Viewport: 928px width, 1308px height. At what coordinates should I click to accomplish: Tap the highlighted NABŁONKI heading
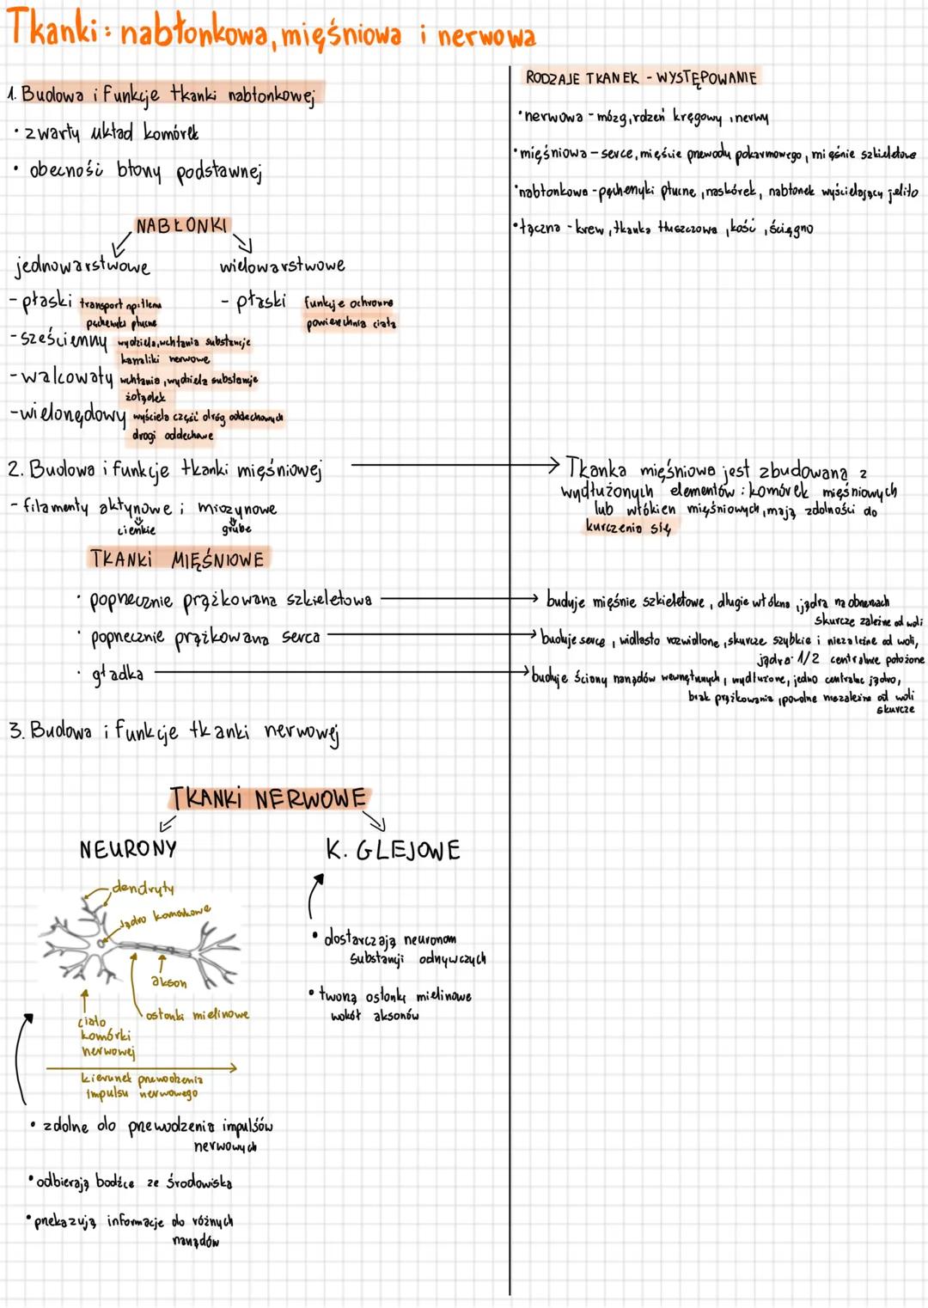pos(182,226)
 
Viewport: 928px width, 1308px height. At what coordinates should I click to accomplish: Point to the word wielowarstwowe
pos(282,265)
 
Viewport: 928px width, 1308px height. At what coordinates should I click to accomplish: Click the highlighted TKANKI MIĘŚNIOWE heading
pos(178,559)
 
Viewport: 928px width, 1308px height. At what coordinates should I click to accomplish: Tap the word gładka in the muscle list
pos(118,675)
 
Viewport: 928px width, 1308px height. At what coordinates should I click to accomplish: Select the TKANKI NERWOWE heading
pos(268,798)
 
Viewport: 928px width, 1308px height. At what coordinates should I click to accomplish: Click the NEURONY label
pos(128,849)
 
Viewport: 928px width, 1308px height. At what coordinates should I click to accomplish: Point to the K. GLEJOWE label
pos(394,851)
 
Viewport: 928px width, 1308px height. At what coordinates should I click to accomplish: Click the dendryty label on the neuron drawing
pos(142,887)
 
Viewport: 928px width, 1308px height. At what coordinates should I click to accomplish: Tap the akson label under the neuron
pos(168,981)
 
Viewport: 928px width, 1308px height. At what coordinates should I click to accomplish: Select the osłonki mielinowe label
pos(197,1014)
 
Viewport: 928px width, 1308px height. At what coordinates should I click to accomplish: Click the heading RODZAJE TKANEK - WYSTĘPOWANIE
pos(640,78)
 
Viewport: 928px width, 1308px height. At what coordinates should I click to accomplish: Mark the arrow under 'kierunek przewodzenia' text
pos(142,1068)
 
